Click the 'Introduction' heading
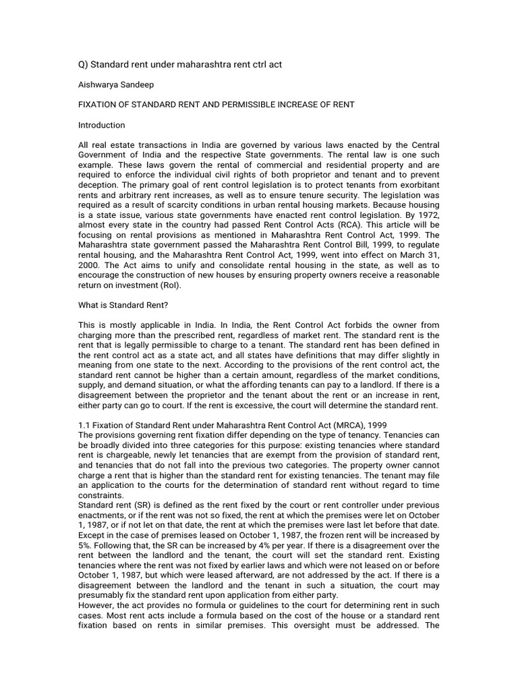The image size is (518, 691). click(x=102, y=125)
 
